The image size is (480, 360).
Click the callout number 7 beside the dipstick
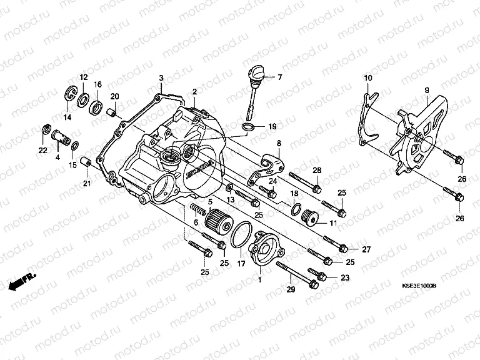coord(279,77)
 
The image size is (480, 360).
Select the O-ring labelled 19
coord(248,127)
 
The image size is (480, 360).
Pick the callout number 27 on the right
coord(366,249)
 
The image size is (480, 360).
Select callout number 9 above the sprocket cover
coord(426,90)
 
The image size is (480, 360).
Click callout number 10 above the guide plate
coord(367,77)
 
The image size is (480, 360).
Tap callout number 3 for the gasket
coord(161,77)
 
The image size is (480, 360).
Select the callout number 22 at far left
coord(42,150)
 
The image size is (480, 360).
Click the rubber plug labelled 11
coord(307,216)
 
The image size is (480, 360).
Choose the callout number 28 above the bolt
coord(317,171)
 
